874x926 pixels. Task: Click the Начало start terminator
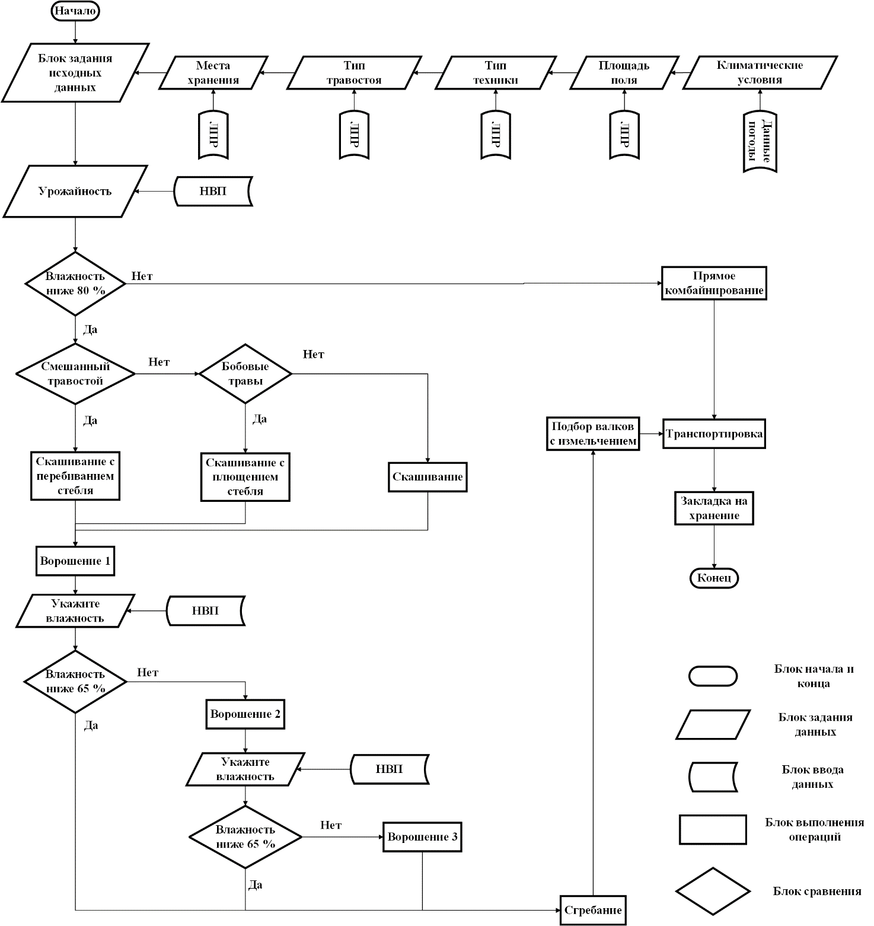pyautogui.click(x=75, y=11)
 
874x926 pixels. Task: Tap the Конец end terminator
pyautogui.click(x=714, y=578)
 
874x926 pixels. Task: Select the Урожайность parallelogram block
pyautogui.click(x=75, y=192)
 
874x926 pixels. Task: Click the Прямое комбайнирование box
pyautogui.click(x=714, y=284)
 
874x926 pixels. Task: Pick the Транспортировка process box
pyautogui.click(x=714, y=434)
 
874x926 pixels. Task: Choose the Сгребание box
pyautogui.click(x=593, y=910)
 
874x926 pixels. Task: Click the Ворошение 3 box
pyautogui.click(x=422, y=837)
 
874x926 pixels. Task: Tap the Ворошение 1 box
pyautogui.click(x=75, y=561)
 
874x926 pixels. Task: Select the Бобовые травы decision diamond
pyautogui.click(x=245, y=374)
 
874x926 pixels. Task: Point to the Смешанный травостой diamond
pyautogui.click(x=75, y=374)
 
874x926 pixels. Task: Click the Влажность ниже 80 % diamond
pyautogui.click(x=75, y=284)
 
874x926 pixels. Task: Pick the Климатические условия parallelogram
pyautogui.click(x=760, y=73)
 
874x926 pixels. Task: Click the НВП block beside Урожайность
pyautogui.click(x=213, y=191)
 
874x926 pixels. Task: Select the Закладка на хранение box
pyautogui.click(x=714, y=508)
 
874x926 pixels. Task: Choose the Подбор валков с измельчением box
pyautogui.click(x=593, y=434)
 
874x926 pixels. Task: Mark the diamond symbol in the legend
pyautogui.click(x=713, y=891)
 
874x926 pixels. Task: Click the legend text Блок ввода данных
pyautogui.click(x=812, y=777)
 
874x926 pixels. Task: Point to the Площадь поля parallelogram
pyautogui.click(x=624, y=73)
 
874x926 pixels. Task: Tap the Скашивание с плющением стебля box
pyautogui.click(x=245, y=477)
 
